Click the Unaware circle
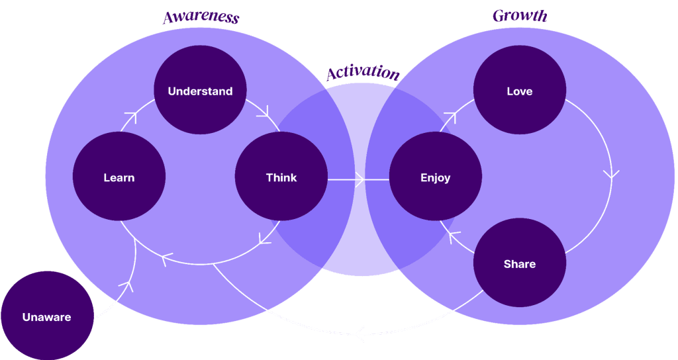tap(47, 317)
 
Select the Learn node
tap(119, 177)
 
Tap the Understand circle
tap(200, 91)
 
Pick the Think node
tap(281, 177)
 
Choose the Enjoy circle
tap(435, 177)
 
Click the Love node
tap(519, 91)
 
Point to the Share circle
tap(519, 264)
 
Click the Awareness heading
tap(201, 18)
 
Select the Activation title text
tap(363, 73)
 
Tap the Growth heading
tap(520, 16)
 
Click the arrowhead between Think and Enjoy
tap(360, 179)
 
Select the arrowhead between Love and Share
tap(611, 175)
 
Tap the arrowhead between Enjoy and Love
tap(450, 118)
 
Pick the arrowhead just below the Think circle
tap(266, 237)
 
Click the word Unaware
tap(46, 318)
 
